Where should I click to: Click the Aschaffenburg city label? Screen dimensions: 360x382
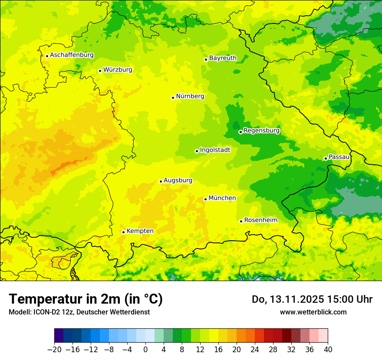pos(72,55)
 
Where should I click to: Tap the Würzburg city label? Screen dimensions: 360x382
pos(118,70)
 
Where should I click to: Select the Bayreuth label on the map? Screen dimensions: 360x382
pos(223,58)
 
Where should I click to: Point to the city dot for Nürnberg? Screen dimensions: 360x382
pos(173,98)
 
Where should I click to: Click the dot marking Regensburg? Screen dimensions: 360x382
pos(240,132)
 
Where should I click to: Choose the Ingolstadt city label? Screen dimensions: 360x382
pos(215,150)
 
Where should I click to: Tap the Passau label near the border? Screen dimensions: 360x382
pos(339,157)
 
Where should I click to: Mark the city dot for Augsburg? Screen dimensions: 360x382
pos(161,181)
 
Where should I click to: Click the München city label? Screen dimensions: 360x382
pos(222,198)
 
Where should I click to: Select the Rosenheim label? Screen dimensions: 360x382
pos(260,220)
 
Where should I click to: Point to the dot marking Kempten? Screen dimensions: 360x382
pos(123,232)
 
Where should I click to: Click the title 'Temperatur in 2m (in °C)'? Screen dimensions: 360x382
pos(86,299)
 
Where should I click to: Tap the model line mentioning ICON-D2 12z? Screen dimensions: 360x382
pos(79,312)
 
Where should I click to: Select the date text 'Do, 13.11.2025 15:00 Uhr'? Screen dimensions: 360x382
pos(312,299)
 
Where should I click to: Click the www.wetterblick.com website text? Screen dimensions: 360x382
pos(313,312)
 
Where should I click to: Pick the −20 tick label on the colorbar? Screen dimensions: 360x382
pos(54,350)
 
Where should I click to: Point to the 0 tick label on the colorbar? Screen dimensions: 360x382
pos(145,350)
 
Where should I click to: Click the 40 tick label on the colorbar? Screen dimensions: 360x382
pos(328,350)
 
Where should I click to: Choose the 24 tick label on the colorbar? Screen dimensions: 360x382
pos(255,350)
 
